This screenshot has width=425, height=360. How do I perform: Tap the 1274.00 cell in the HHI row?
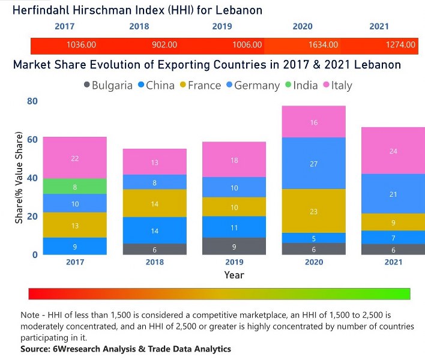coord(400,45)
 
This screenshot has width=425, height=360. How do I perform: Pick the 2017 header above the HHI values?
coord(65,26)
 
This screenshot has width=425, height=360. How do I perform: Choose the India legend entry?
coord(303,85)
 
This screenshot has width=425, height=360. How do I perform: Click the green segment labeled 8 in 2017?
coord(75,187)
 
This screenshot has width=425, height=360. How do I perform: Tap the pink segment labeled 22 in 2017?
coord(75,158)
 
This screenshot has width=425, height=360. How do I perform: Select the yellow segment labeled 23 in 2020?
coord(314,211)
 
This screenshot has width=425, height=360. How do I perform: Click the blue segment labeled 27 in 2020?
coord(314,163)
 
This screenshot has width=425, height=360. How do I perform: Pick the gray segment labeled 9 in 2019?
coord(234,246)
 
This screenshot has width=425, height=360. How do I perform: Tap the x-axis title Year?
coord(234,275)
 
